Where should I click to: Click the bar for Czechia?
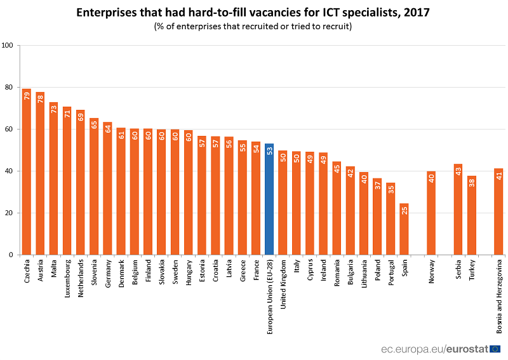[27, 171]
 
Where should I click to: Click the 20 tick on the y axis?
[10, 213]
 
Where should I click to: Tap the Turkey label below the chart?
[472, 270]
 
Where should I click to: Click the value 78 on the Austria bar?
[41, 98]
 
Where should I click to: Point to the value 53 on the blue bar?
[269, 150]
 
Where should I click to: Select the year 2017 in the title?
[413, 11]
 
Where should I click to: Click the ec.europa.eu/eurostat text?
[434, 349]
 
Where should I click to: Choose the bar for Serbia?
[458, 210]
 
